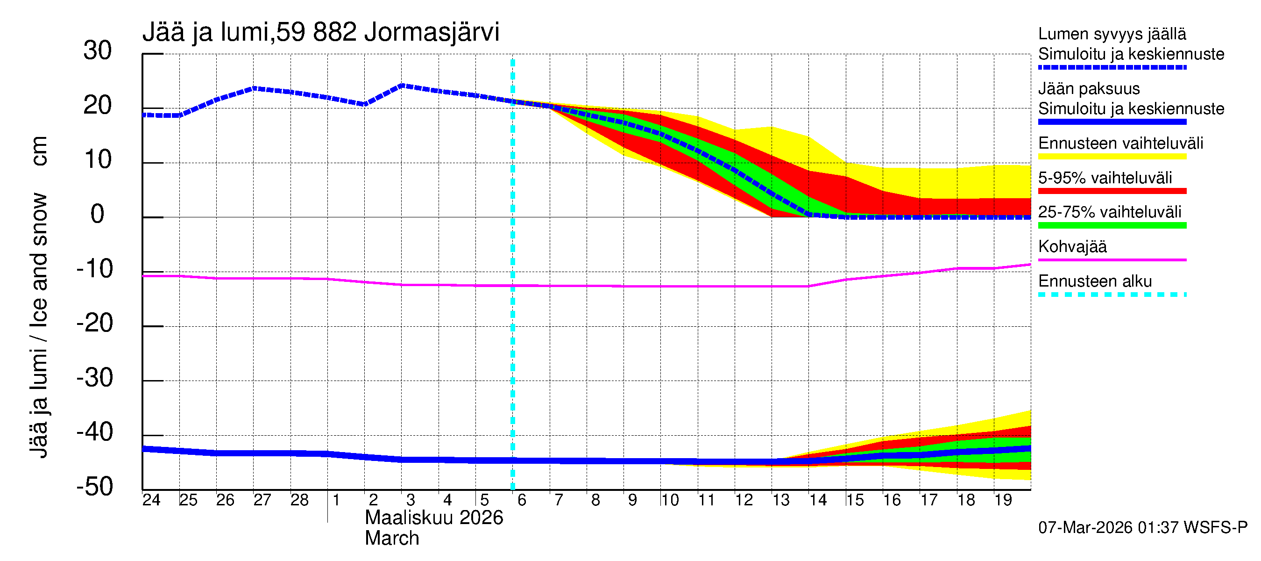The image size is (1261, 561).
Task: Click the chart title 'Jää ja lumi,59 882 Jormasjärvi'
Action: [x=321, y=32]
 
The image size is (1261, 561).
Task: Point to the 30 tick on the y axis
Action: [x=98, y=51]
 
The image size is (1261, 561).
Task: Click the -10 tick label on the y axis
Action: [x=94, y=269]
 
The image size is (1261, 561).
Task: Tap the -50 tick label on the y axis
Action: [x=94, y=487]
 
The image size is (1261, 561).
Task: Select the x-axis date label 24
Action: [x=151, y=500]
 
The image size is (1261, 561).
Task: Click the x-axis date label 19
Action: [x=1003, y=500]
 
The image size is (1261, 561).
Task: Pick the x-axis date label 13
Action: [x=781, y=500]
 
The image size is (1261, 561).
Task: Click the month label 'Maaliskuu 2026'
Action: [x=434, y=518]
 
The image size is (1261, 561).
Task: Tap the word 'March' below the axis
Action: [x=392, y=539]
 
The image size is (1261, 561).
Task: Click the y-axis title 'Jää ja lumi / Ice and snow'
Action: [x=38, y=326]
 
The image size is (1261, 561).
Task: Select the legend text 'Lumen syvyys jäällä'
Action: [x=1112, y=34]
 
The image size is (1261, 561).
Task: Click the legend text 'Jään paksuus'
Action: [x=1089, y=89]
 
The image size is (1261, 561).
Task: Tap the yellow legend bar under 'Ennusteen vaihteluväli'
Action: [x=1112, y=157]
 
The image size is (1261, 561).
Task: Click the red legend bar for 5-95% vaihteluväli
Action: [x=1112, y=191]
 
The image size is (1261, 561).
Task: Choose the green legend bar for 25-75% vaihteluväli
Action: [x=1112, y=225]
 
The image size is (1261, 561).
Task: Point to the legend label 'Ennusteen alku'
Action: [x=1095, y=282]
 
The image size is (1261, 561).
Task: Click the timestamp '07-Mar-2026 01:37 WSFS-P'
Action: [x=1142, y=528]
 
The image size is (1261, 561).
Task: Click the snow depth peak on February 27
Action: [x=254, y=89]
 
